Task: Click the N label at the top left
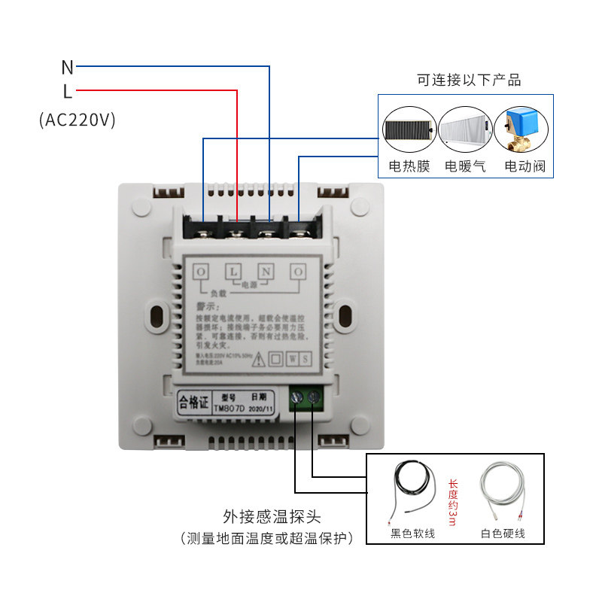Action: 68,67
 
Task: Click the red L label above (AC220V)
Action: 68,92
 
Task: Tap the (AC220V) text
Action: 77,120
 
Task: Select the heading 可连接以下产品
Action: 470,80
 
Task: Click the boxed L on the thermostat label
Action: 234,270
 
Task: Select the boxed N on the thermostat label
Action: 266,270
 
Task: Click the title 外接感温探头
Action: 272,517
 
